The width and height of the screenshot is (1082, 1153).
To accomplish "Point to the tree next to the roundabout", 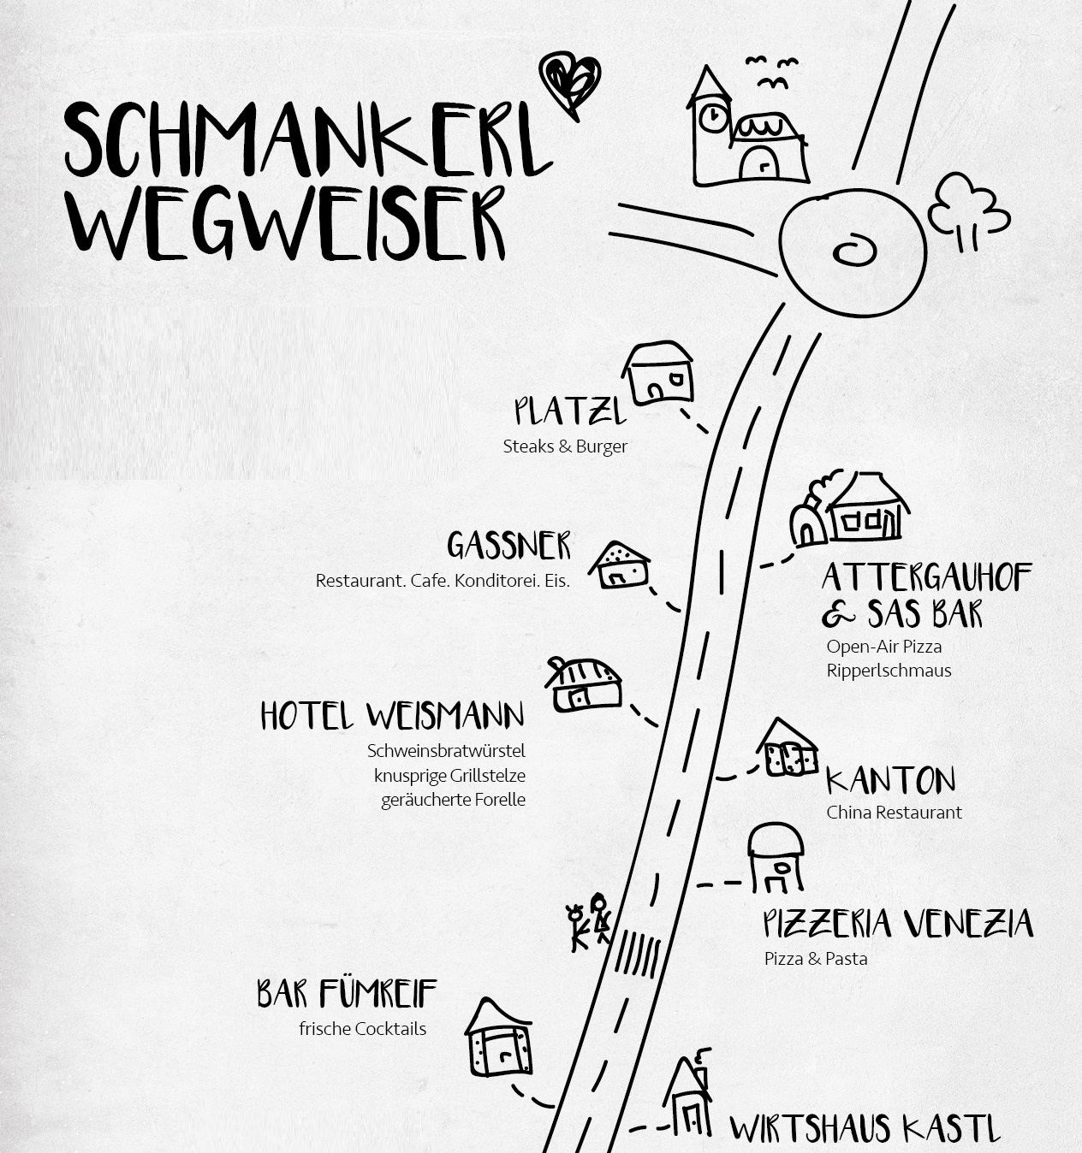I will tap(967, 210).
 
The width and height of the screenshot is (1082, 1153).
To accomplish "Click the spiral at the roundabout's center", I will tap(853, 251).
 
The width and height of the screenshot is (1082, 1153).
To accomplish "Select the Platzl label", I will tap(570, 411).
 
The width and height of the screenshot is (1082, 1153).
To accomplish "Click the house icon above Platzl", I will tap(657, 373).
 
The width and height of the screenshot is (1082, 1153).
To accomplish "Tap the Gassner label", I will tap(508, 546).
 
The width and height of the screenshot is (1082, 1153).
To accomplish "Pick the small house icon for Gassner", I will tap(619, 565).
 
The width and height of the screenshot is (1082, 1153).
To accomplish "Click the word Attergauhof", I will tap(927, 577).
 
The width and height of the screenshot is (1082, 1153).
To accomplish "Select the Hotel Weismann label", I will tap(392, 715).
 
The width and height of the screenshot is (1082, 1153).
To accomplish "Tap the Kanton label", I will tap(890, 780).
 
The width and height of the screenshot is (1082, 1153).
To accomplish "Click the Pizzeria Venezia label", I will tap(897, 924).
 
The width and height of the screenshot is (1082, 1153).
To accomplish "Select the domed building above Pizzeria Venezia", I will tap(776, 857).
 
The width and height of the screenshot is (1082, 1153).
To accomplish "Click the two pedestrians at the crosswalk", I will tap(589, 922).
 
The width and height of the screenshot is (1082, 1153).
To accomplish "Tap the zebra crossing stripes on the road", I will tap(638, 955).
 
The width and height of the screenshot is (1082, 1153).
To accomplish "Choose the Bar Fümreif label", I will tap(347, 993).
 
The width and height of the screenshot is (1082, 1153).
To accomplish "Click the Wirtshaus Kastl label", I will tap(865, 1128).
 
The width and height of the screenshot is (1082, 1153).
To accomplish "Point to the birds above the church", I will tap(772, 72).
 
